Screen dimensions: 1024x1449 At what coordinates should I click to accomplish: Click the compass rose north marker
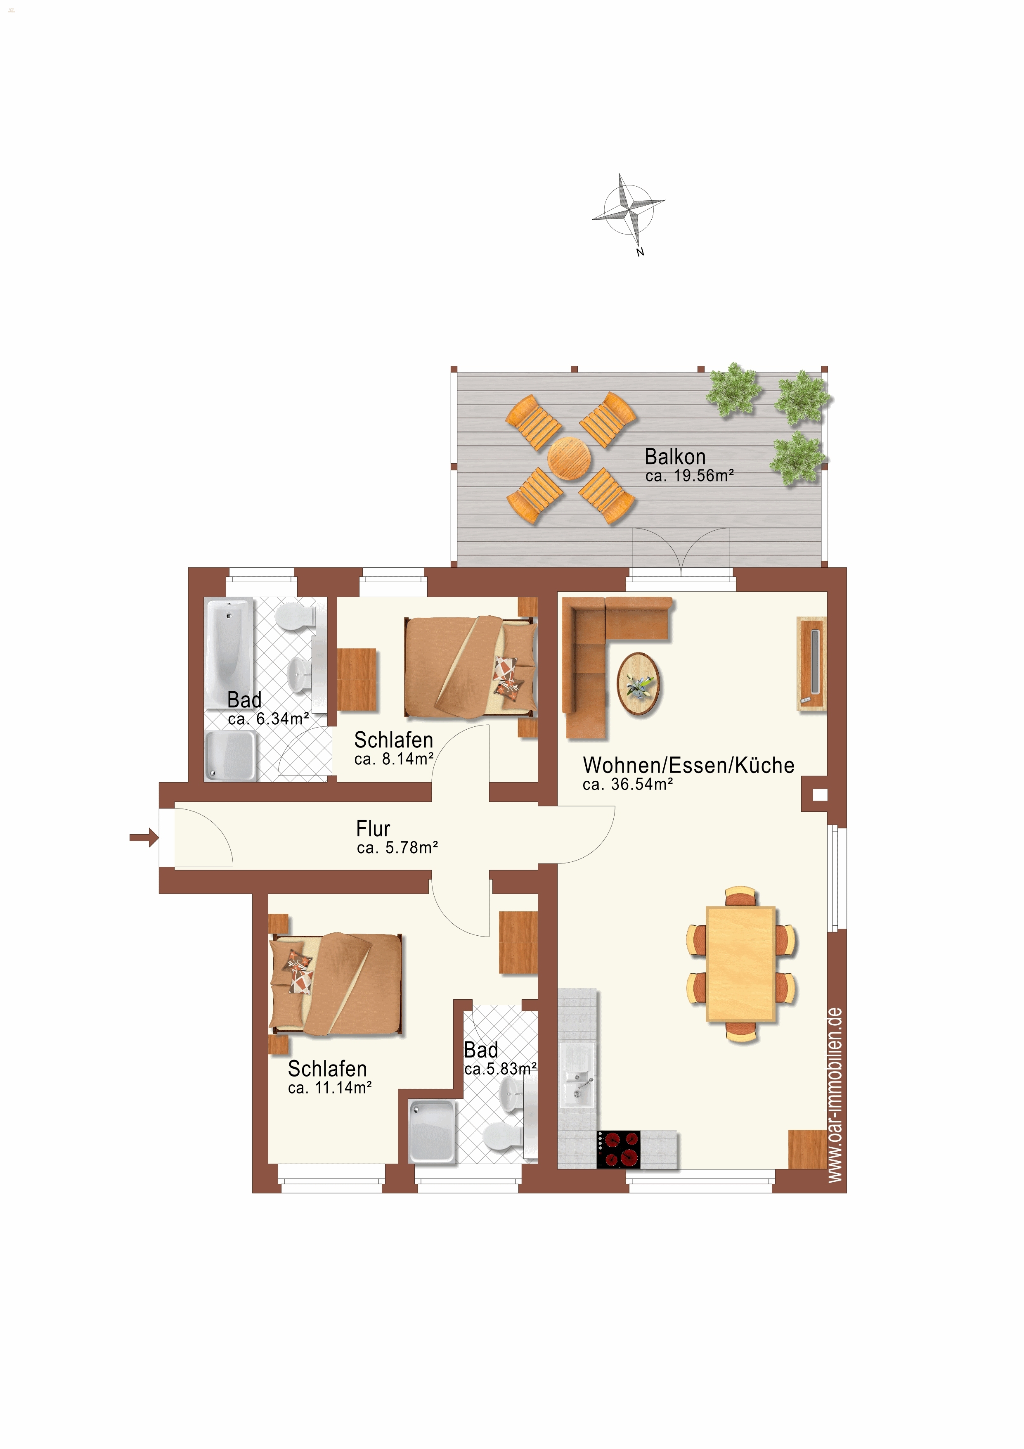pyautogui.click(x=640, y=252)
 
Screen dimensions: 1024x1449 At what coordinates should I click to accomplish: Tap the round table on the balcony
pyautogui.click(x=569, y=458)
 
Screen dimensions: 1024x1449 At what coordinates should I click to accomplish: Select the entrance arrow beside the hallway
pyautogui.click(x=144, y=837)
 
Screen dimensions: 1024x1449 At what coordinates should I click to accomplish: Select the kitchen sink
pyautogui.click(x=577, y=1074)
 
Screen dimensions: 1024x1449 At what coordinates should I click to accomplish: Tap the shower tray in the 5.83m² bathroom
pyautogui.click(x=432, y=1131)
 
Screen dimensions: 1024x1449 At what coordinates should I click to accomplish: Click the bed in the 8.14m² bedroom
pyautogui.click(x=470, y=667)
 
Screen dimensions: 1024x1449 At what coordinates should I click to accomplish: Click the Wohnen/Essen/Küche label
pyautogui.click(x=688, y=765)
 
